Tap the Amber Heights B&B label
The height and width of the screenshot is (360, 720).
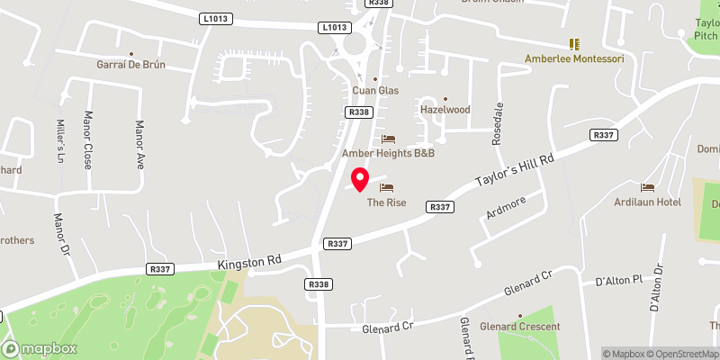[x=388, y=153]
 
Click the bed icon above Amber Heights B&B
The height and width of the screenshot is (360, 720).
[x=388, y=139]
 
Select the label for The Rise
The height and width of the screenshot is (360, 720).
[x=386, y=202]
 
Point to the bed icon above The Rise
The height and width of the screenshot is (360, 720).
[x=387, y=187]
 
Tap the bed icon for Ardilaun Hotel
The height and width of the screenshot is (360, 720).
[x=647, y=187]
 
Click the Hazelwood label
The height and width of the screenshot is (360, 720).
[x=445, y=109]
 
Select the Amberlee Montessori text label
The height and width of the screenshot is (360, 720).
[x=574, y=58]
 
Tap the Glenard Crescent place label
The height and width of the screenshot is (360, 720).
[x=520, y=326]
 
